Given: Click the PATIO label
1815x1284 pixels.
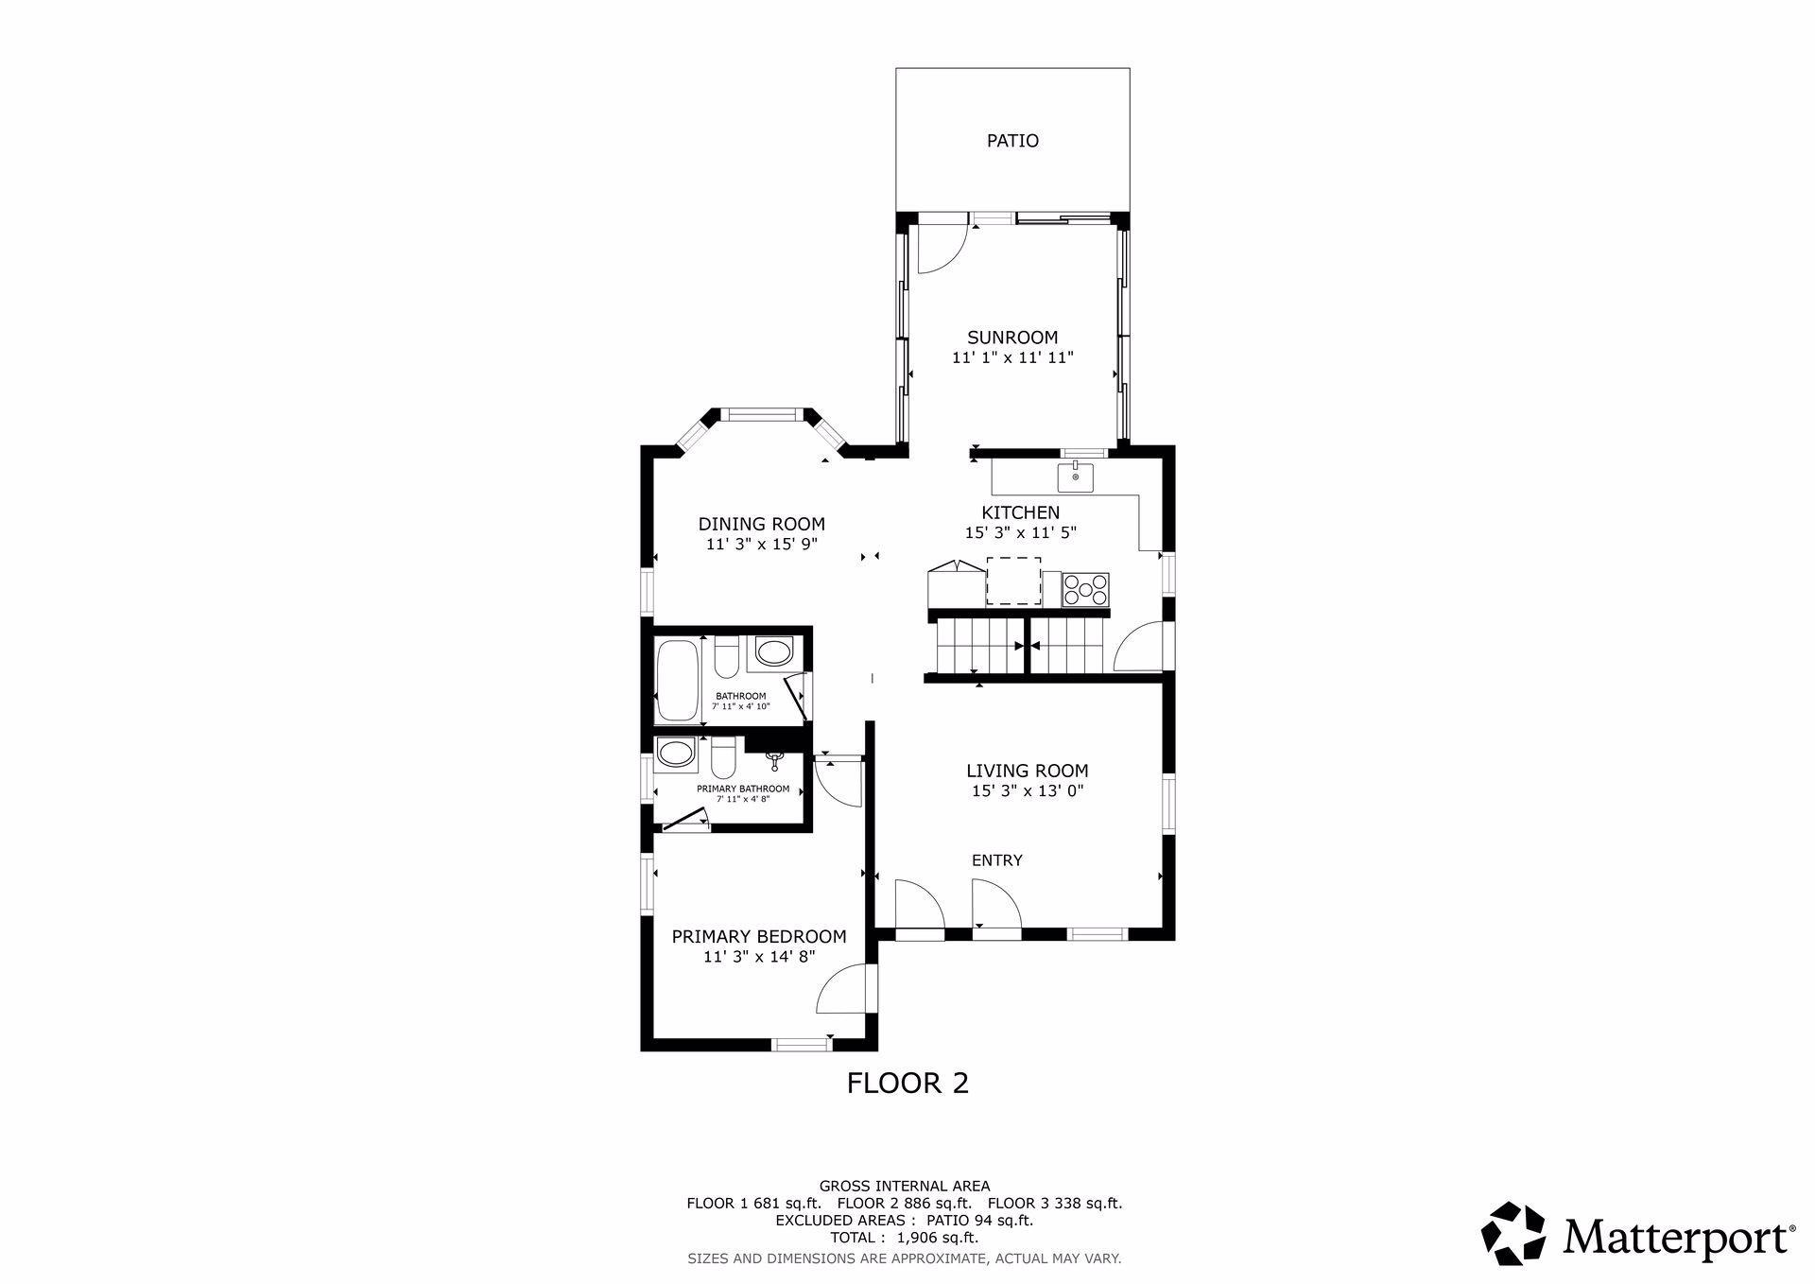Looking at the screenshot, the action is (x=1012, y=141).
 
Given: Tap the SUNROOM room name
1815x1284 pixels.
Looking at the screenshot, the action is (x=1012, y=338).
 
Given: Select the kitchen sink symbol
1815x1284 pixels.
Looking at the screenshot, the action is (x=1075, y=477).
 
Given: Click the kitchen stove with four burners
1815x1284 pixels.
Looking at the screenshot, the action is (x=1085, y=589).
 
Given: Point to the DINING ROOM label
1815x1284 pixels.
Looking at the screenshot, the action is (x=762, y=524).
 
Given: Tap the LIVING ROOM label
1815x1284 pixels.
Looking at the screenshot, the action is (x=1028, y=771).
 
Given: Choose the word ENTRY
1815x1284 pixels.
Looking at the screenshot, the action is (x=997, y=860).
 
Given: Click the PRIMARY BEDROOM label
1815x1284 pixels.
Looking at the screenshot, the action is (x=759, y=937).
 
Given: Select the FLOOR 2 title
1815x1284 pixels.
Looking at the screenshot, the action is (x=907, y=1083).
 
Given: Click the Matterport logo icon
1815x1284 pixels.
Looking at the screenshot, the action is (x=1512, y=1233).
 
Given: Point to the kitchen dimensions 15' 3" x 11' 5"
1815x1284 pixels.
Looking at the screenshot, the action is (x=1021, y=533).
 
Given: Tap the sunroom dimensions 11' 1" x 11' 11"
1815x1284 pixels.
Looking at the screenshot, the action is (x=1012, y=358).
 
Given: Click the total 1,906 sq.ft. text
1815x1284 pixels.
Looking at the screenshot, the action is (x=904, y=1238).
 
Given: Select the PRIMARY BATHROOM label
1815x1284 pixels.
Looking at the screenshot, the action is (x=743, y=789).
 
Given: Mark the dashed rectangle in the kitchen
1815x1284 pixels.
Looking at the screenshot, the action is (x=1013, y=581).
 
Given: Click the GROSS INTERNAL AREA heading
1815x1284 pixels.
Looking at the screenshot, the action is (x=905, y=1186).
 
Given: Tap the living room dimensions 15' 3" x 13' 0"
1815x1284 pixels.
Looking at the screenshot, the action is (x=1028, y=791).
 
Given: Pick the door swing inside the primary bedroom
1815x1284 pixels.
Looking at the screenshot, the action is (x=842, y=988).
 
